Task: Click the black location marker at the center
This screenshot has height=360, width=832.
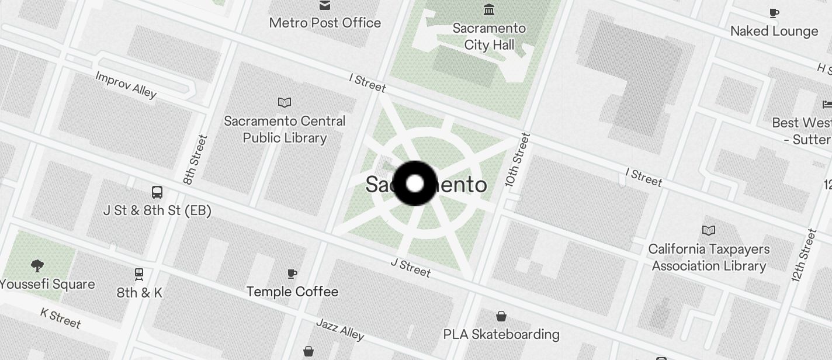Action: (x=415, y=184)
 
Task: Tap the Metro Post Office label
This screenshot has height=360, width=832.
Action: (x=325, y=23)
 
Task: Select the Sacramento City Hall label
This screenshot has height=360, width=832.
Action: (x=489, y=36)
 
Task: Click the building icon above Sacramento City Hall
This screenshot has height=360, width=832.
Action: (x=489, y=10)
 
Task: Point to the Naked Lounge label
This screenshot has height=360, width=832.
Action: (x=774, y=31)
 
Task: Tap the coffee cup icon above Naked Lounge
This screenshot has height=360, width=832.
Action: (x=774, y=13)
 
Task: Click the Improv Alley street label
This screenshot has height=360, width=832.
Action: (x=126, y=85)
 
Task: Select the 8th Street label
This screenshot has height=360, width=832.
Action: (x=196, y=160)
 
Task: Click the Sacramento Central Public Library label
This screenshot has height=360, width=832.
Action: (x=285, y=129)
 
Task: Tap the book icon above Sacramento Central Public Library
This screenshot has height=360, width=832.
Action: (x=285, y=103)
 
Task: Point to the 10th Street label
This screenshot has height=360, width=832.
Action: (x=518, y=160)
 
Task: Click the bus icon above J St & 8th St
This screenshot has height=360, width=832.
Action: (x=157, y=192)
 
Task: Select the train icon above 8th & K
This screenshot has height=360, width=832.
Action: (x=139, y=274)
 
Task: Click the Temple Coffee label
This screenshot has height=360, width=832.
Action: (x=292, y=292)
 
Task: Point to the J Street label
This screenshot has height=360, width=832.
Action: (x=411, y=268)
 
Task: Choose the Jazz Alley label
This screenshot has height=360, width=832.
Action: (x=340, y=329)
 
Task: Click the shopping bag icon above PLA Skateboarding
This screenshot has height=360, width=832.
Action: (x=501, y=316)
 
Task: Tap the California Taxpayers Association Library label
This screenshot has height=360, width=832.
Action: (x=709, y=257)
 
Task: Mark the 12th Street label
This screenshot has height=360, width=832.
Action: (x=803, y=256)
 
